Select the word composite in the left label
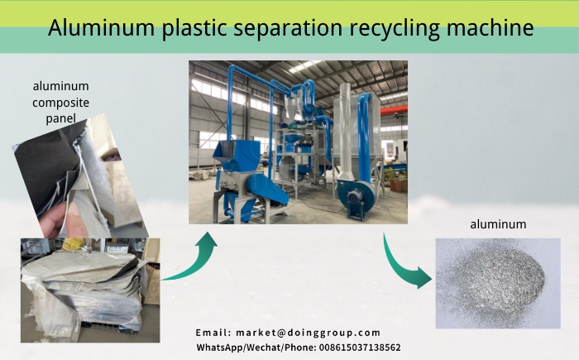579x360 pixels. click(x=60, y=103)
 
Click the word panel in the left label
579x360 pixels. click(x=60, y=118)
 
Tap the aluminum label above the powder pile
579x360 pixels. click(x=498, y=224)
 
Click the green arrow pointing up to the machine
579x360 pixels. click(x=192, y=257)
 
